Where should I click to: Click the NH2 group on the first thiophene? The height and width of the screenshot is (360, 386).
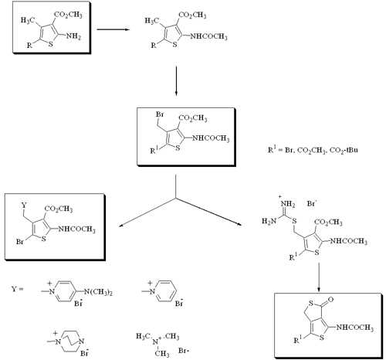[x=73, y=36]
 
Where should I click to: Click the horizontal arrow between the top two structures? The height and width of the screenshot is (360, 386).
[x=113, y=29]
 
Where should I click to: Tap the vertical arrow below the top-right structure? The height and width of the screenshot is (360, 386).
[x=176, y=81]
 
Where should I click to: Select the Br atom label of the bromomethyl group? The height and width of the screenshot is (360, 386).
[x=160, y=114]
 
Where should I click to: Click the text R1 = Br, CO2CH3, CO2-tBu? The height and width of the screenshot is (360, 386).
[x=313, y=150]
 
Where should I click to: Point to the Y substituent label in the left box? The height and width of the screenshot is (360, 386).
[x=24, y=205]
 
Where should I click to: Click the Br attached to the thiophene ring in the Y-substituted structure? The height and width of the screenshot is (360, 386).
[x=20, y=242]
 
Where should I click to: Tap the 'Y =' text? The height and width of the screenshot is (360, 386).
[x=17, y=289]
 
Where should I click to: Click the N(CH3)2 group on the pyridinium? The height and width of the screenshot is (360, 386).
[x=99, y=292]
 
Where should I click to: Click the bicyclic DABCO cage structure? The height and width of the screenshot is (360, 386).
[x=70, y=341]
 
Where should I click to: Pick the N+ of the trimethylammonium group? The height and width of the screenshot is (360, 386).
[x=156, y=341]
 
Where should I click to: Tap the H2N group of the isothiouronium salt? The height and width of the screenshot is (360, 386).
[x=269, y=221]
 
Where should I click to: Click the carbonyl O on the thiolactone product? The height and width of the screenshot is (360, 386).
[x=331, y=300]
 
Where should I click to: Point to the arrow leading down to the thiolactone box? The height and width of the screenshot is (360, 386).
[x=319, y=277]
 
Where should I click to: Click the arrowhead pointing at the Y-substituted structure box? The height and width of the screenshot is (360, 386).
[x=120, y=226]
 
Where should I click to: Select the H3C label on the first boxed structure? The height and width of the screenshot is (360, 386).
[x=28, y=20]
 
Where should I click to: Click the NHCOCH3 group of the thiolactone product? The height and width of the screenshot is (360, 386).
[x=354, y=328]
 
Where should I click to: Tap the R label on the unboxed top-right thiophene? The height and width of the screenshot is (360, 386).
[x=154, y=46]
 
